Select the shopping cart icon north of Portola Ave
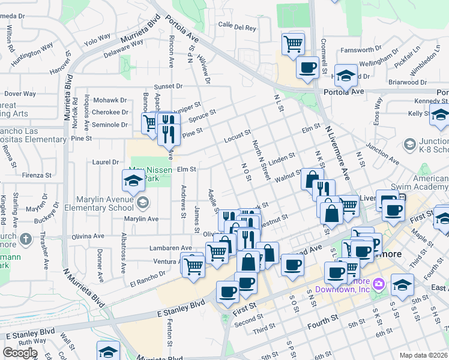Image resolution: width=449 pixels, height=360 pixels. (293, 43)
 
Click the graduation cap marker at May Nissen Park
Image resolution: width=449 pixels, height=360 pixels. (133, 180)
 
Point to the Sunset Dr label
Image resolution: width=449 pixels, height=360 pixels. (167, 86)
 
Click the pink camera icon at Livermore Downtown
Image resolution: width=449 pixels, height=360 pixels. (378, 283)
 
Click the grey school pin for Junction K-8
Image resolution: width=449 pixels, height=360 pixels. (410, 144)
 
